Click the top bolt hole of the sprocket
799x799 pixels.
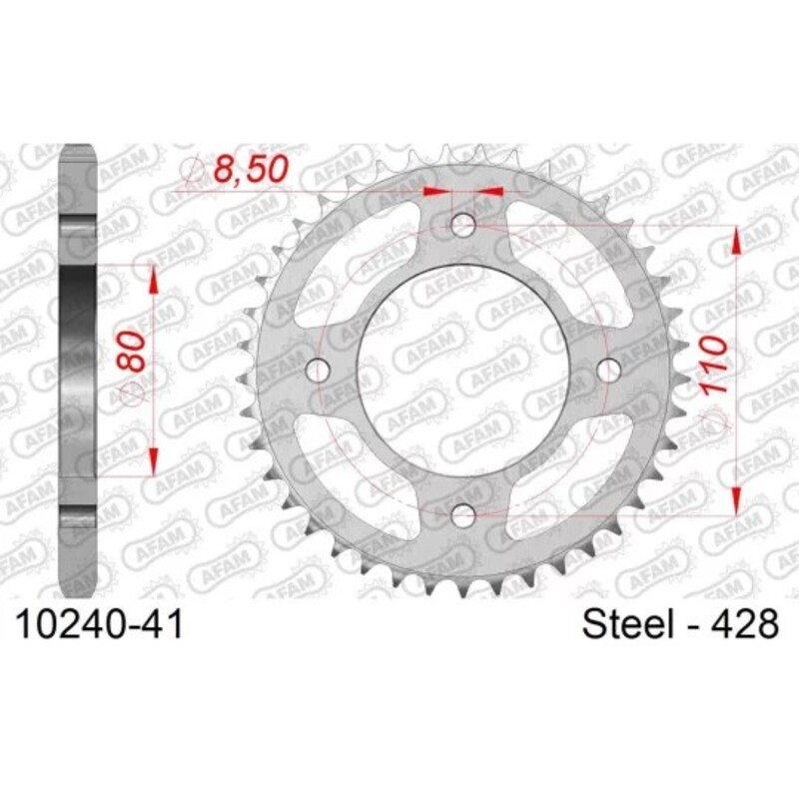pos(462,226)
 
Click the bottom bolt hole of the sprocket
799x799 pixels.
pos(462,515)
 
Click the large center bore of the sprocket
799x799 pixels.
pos(462,371)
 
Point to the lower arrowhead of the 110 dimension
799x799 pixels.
pos(737,499)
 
